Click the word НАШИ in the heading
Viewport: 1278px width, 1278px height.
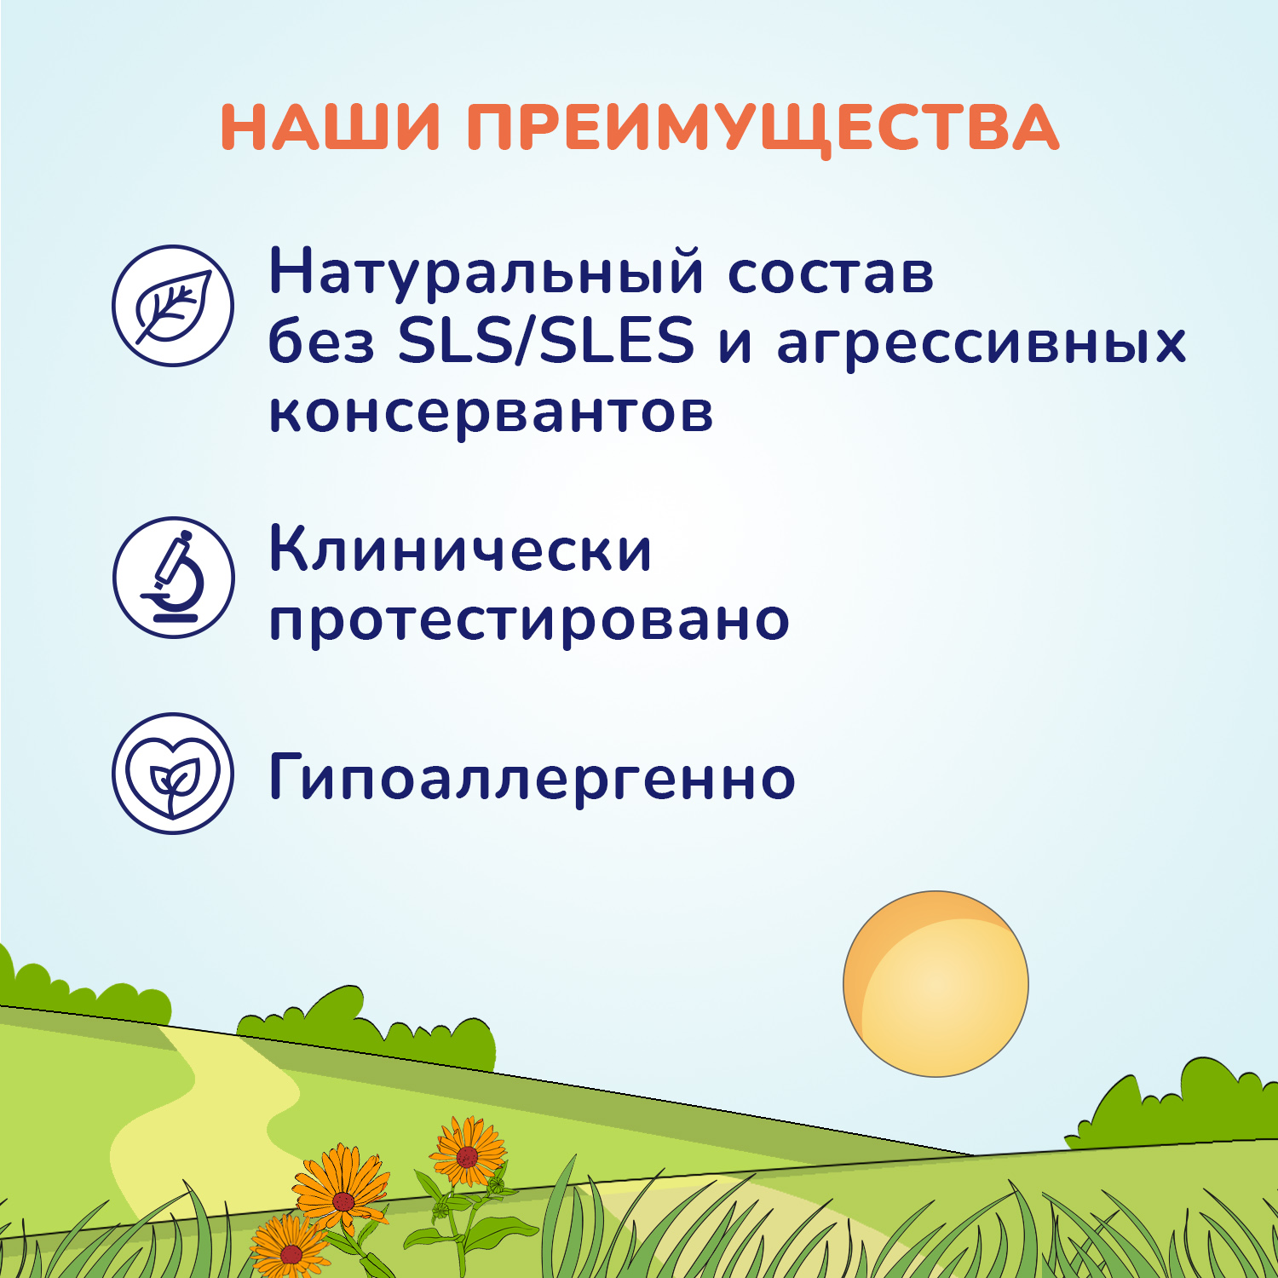331,128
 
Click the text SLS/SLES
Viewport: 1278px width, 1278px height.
546,342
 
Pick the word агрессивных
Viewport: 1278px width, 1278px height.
981,344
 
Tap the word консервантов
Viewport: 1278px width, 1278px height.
491,412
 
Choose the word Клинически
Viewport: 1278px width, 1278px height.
460,550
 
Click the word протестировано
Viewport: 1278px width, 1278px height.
529,620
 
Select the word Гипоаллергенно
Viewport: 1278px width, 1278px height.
532,777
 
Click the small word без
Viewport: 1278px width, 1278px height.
321,343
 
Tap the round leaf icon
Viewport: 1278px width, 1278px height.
173,306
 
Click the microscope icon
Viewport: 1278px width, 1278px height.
173,578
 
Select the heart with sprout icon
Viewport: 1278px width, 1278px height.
173,774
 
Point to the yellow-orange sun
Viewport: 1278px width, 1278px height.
935,984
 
